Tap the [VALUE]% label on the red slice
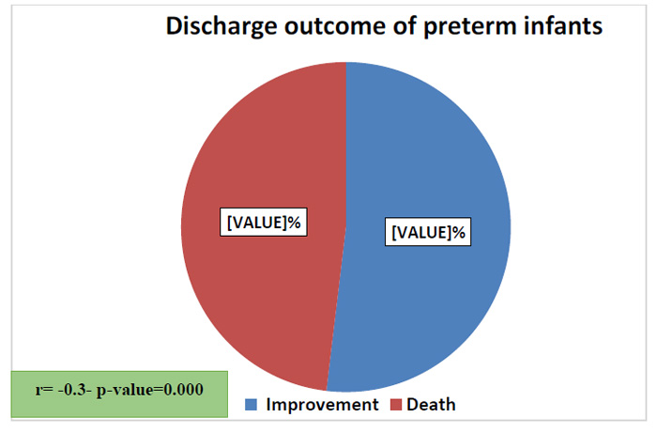pos(264,223)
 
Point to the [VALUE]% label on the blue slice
pos(428,232)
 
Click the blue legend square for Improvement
pos(251,405)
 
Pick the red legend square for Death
pos(396,405)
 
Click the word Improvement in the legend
pos(322,405)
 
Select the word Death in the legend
pos(431,405)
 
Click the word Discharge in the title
pos(222,27)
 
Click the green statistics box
pos(119,394)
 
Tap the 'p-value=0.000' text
pos(150,390)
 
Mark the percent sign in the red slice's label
pos(294,223)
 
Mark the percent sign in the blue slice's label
pos(458,232)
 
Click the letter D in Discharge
pos(175,26)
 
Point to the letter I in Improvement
pos(268,405)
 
